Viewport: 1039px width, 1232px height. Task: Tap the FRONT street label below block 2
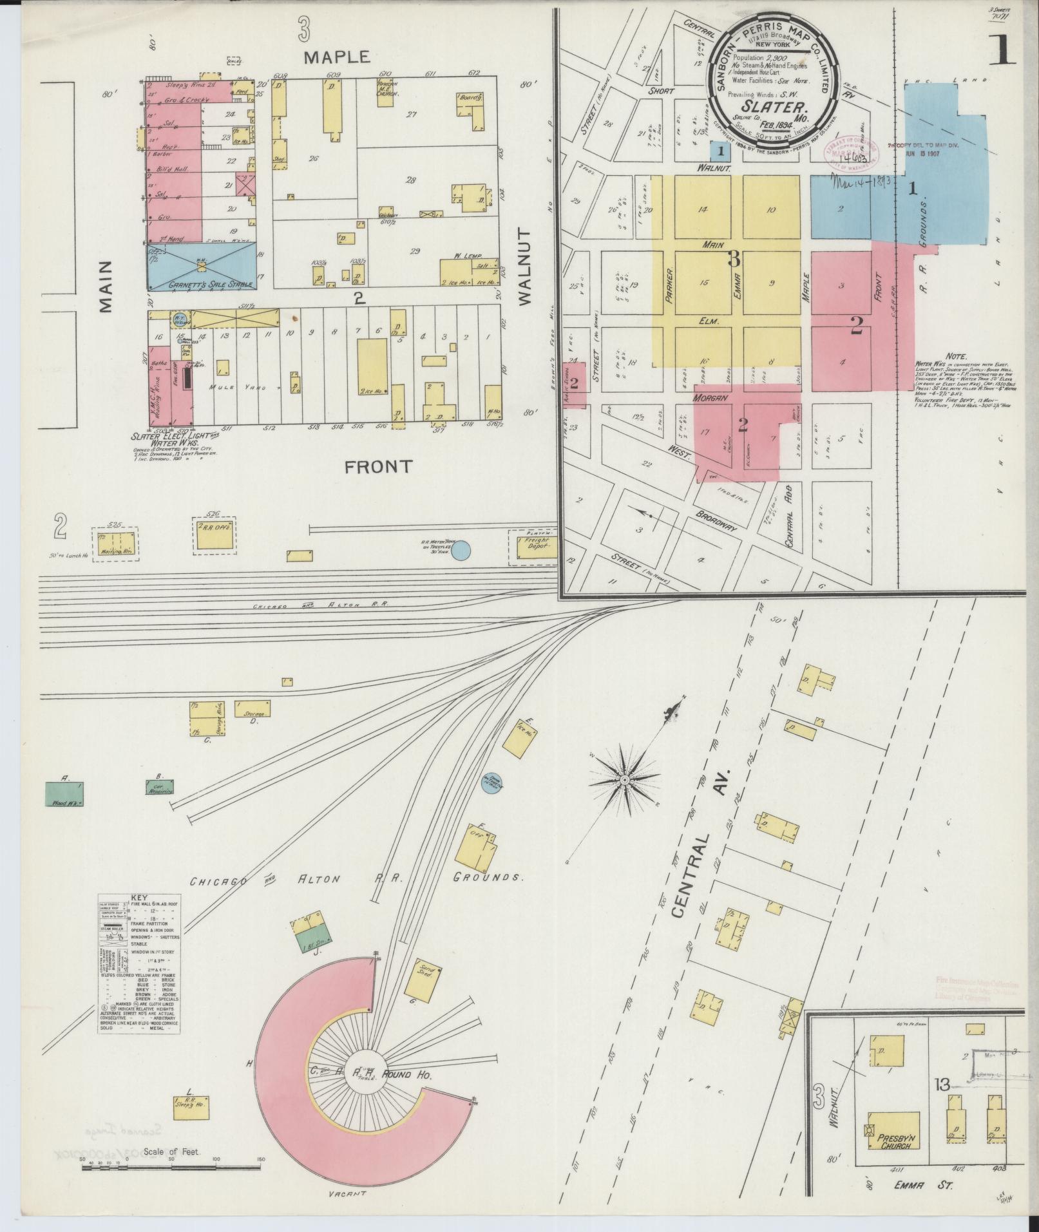379,467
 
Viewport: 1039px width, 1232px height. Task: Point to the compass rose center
624,780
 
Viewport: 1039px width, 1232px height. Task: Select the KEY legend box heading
138,896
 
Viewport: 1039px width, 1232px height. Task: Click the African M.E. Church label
387,89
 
